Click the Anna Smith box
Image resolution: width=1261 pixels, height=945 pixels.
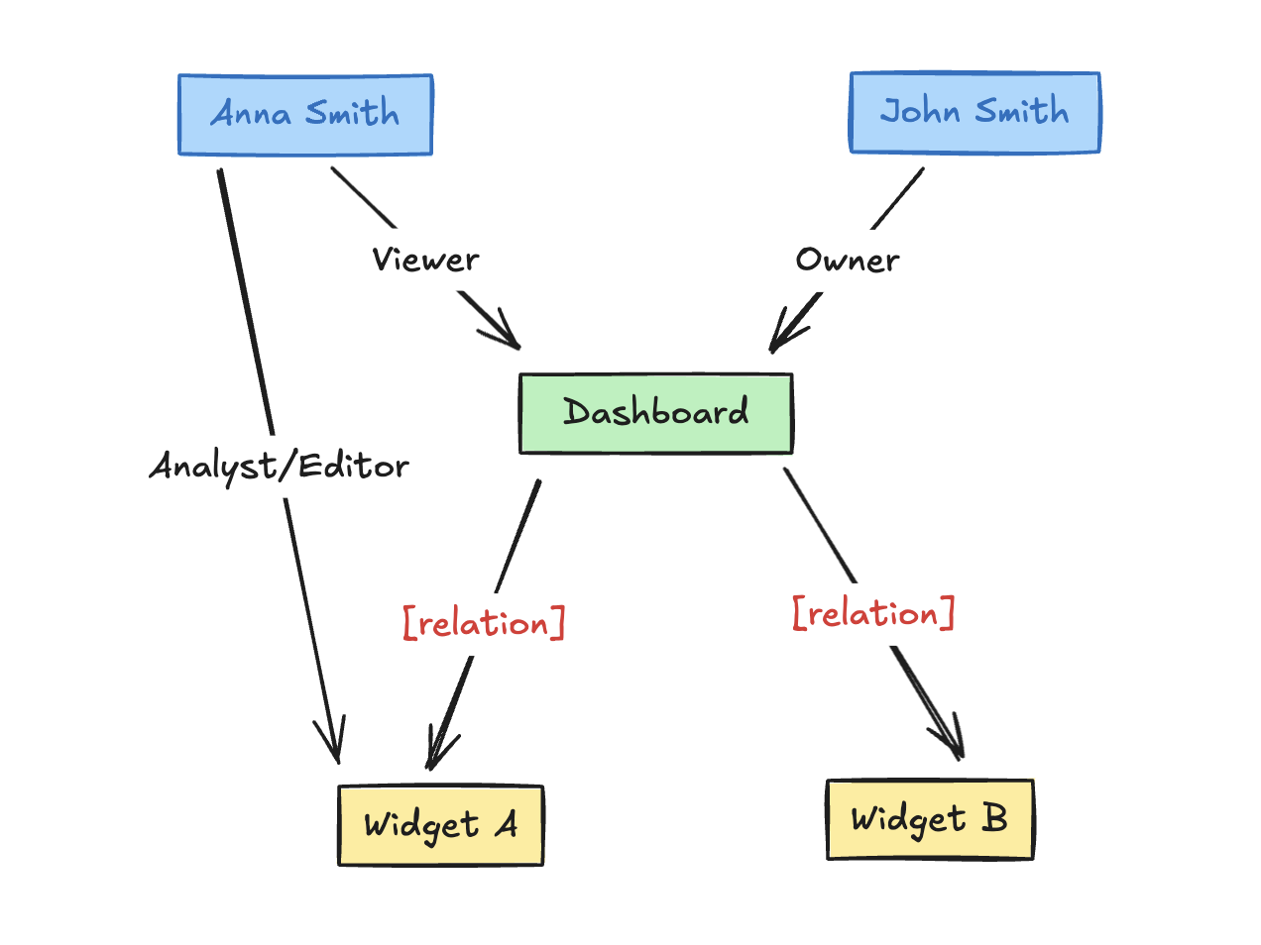click(x=305, y=115)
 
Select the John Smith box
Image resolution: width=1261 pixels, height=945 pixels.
click(x=974, y=112)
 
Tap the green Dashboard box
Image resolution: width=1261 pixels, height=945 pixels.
click(x=655, y=413)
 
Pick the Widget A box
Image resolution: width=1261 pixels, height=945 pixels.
click(x=440, y=825)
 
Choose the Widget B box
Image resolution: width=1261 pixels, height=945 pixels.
click(x=930, y=819)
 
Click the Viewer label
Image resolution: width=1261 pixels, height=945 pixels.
click(x=425, y=261)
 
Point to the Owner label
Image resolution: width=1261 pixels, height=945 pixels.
click(x=848, y=261)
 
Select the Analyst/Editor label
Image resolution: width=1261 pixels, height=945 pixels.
click(x=279, y=466)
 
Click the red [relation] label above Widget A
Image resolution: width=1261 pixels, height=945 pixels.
click(x=484, y=623)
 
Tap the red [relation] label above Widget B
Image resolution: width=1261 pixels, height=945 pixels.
click(x=873, y=614)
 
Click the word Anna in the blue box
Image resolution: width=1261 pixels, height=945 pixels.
click(x=251, y=114)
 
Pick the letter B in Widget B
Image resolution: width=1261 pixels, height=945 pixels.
click(x=994, y=818)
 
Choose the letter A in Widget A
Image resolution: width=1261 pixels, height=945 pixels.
click(x=508, y=824)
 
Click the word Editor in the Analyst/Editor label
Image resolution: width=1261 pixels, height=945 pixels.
click(x=353, y=466)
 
